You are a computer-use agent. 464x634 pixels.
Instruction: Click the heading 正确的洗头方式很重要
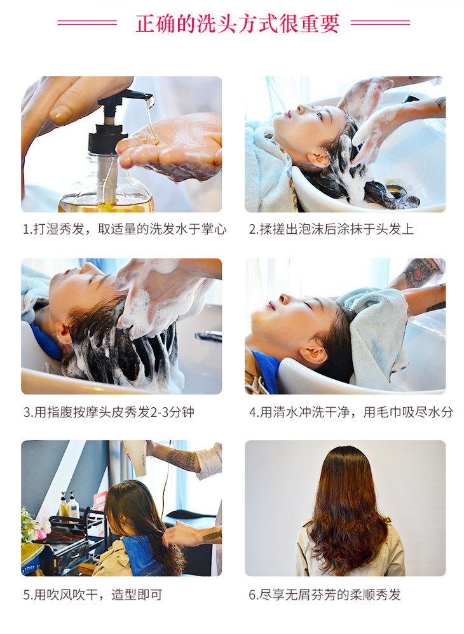237,24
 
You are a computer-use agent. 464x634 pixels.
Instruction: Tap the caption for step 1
124,229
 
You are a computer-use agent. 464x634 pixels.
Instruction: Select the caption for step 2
331,229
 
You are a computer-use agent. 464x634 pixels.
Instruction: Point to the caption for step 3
109,412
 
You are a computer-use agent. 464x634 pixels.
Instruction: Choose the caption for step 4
351,412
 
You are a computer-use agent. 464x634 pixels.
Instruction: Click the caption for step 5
93,595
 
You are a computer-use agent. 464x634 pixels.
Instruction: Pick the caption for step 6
324,595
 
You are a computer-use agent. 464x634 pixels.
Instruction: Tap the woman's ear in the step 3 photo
64,332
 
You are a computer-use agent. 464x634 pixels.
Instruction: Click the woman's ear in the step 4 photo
313,355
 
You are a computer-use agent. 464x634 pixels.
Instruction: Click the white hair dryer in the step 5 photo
136,457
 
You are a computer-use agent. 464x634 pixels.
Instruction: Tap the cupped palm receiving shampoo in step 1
174,147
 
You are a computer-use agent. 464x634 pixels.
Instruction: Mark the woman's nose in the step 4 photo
283,299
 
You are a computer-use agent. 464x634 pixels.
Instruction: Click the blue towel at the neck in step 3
45,342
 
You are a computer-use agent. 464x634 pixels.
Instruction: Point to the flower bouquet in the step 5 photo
31,525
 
